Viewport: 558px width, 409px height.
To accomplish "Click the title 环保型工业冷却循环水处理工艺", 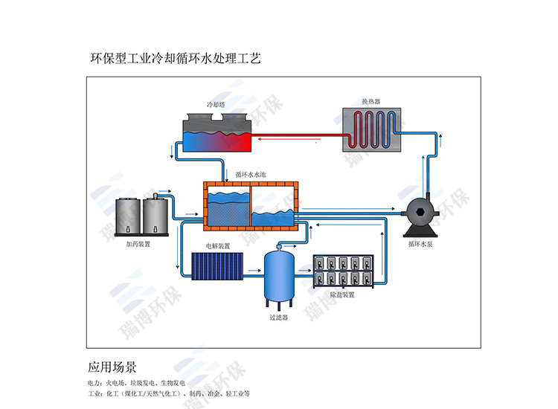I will tap(175, 57).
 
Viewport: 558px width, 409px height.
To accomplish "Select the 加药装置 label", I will tap(138, 243).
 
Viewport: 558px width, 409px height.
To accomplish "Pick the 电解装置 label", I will tap(218, 245).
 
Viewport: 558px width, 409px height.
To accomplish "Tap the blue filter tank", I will tap(280, 278).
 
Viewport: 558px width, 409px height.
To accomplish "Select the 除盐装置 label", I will tap(341, 294).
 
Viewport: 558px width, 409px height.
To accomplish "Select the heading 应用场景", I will tap(112, 367).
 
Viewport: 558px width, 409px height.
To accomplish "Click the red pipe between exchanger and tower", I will tap(298, 136).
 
